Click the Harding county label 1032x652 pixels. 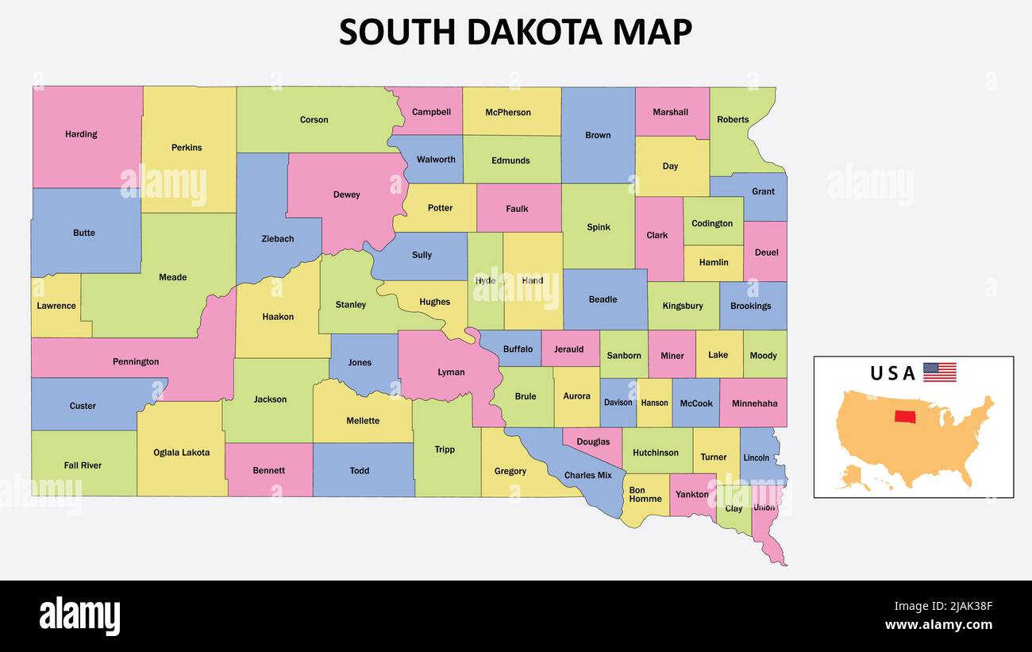point(81,134)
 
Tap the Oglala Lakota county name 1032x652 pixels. point(182,453)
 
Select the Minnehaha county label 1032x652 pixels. point(754,403)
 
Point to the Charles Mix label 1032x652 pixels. point(587,476)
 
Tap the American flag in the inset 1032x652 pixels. point(939,372)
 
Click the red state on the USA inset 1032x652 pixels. point(904,416)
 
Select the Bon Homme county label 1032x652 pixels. point(645,495)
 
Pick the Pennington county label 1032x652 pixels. point(136,362)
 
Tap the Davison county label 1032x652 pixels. point(618,403)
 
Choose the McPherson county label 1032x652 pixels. point(508,113)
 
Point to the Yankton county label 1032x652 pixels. point(691,495)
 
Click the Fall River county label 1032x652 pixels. point(83,465)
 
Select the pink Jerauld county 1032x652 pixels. point(568,349)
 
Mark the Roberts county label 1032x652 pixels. point(733,120)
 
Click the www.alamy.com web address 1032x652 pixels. point(938,625)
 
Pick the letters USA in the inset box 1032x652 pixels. point(892,373)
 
